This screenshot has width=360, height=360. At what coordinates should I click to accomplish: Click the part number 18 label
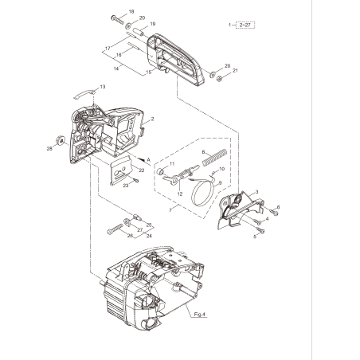(132, 11)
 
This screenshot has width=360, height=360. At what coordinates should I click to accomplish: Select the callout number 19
(153, 24)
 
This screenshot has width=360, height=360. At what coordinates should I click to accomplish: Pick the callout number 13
(103, 86)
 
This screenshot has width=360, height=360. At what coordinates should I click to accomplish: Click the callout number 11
(170, 162)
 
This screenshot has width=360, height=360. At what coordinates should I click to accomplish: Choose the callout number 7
(170, 210)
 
